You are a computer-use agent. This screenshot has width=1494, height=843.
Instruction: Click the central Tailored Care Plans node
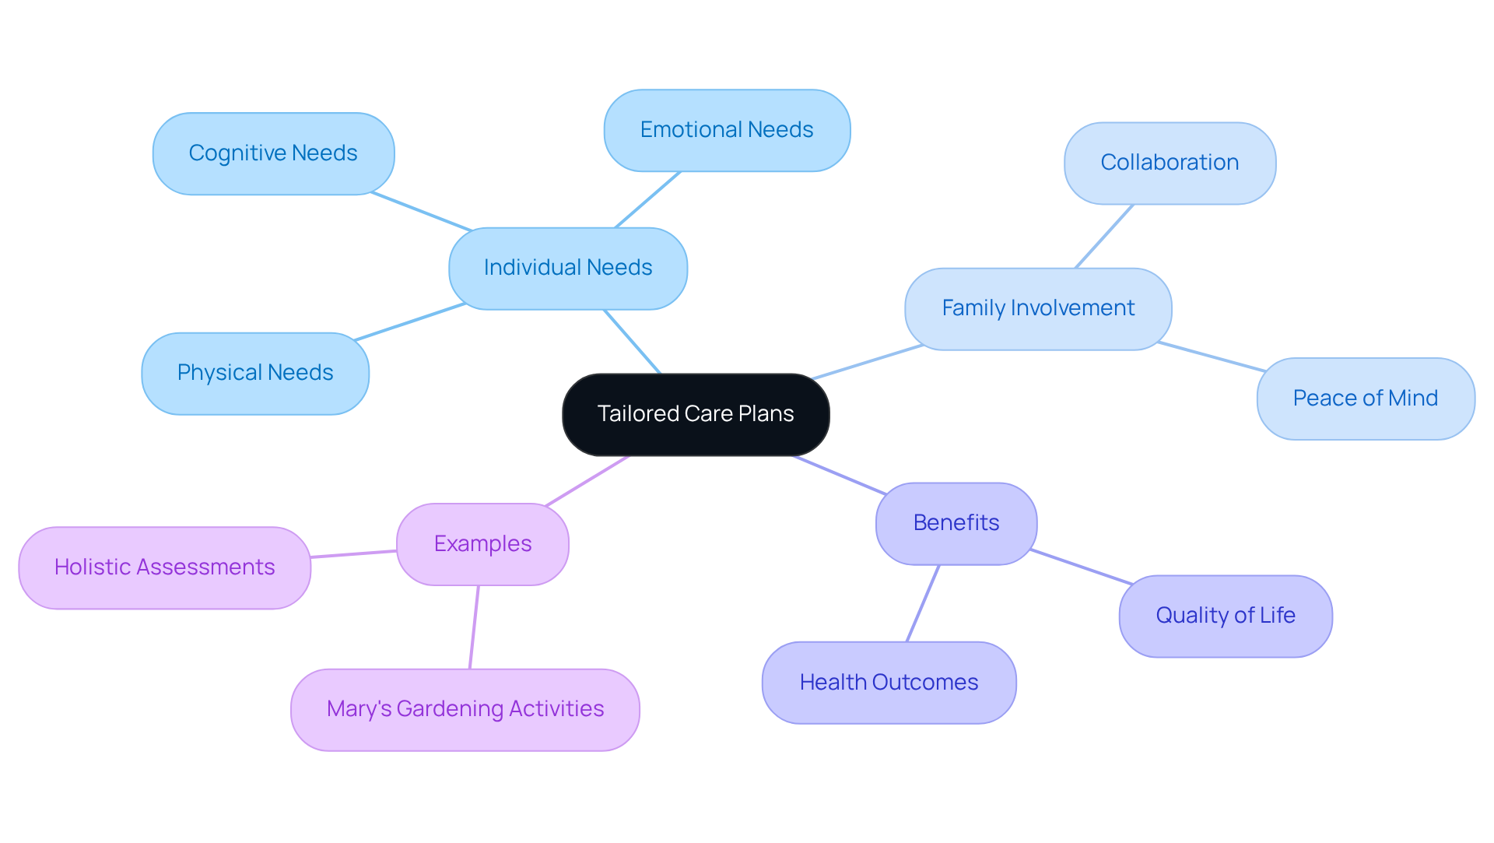(x=695, y=414)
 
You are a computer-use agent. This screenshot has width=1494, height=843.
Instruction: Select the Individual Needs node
(x=567, y=268)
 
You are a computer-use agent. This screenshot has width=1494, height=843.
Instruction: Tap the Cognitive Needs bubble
(x=273, y=153)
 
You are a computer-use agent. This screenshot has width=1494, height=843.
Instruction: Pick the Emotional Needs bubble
(x=726, y=130)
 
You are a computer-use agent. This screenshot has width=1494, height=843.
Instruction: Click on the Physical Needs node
(x=254, y=373)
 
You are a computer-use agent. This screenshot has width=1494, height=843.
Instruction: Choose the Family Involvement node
(x=1037, y=308)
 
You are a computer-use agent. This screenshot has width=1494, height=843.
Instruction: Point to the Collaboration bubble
(x=1169, y=163)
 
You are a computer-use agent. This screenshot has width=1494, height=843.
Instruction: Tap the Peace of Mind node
(x=1365, y=399)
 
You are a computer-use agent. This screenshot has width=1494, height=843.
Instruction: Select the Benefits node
(x=956, y=523)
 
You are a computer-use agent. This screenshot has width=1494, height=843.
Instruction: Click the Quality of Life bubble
(x=1225, y=616)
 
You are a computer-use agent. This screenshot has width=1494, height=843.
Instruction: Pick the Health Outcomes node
(x=889, y=683)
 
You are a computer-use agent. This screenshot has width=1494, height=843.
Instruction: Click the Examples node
(x=482, y=544)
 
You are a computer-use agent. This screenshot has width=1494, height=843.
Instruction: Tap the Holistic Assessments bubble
(x=164, y=567)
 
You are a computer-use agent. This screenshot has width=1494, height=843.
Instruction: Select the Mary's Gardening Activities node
(x=465, y=709)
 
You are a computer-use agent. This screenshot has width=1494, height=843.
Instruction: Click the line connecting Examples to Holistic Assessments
(x=354, y=554)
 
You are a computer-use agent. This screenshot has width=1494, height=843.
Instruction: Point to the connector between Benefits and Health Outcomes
(x=923, y=603)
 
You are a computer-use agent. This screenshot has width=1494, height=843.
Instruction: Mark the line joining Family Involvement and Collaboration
(x=1104, y=237)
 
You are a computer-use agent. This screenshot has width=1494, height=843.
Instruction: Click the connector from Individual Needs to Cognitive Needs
(x=421, y=211)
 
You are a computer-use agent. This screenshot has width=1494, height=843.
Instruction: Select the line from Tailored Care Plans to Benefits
(x=839, y=474)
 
